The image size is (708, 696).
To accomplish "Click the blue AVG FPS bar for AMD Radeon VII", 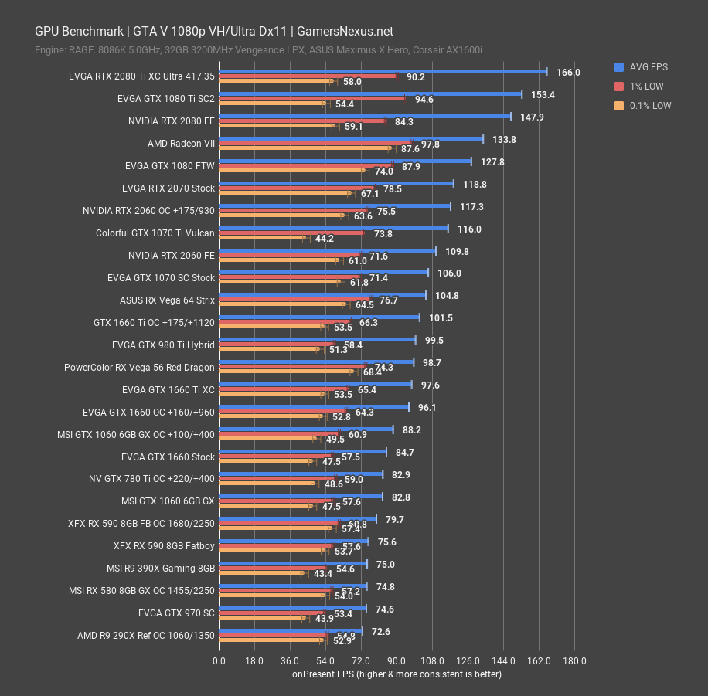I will pyautogui.click(x=351, y=139).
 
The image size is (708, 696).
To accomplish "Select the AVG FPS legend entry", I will pyautogui.click(x=638, y=67).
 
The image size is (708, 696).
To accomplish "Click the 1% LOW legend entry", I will pyautogui.click(x=638, y=87).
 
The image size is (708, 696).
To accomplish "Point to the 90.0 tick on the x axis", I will pyautogui.click(x=397, y=660).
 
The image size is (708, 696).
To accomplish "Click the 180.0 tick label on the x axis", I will pyautogui.click(x=574, y=660).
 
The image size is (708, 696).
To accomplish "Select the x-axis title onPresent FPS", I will pyautogui.click(x=397, y=674).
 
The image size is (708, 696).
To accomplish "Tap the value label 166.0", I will pyautogui.click(x=568, y=72).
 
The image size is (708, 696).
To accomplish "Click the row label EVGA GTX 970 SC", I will pyautogui.click(x=176, y=613).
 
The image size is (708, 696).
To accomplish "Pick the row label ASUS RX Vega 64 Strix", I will pyautogui.click(x=167, y=300).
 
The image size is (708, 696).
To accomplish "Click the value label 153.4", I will pyautogui.click(x=543, y=94).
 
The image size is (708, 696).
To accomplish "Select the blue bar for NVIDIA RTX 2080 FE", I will pyautogui.click(x=365, y=117).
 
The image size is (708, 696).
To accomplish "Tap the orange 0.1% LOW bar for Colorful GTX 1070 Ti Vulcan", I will pyautogui.click(x=262, y=239).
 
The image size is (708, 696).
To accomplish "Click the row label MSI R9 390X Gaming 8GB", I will pyautogui.click(x=161, y=569).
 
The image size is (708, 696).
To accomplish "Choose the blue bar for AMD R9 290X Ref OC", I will pyautogui.click(x=291, y=631).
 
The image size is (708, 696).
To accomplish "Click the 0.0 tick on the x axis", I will pyautogui.click(x=220, y=660).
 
